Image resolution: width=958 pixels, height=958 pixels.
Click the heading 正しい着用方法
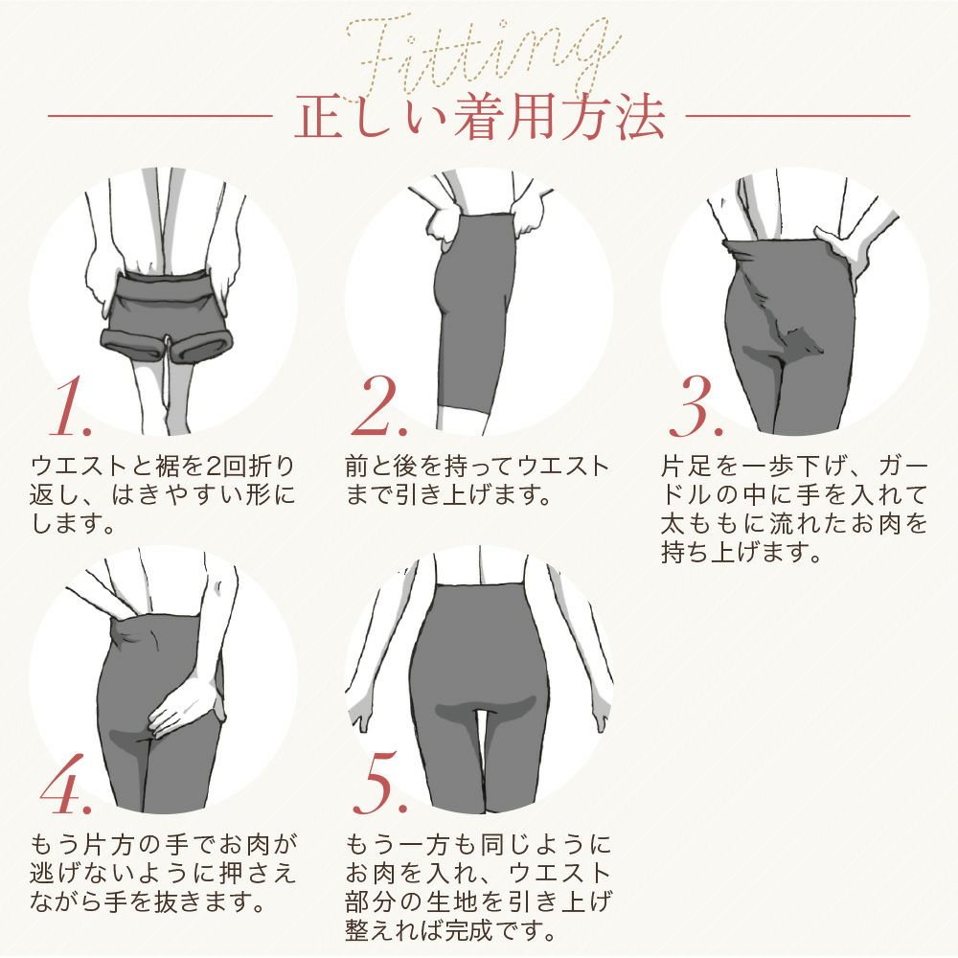point(479,118)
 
